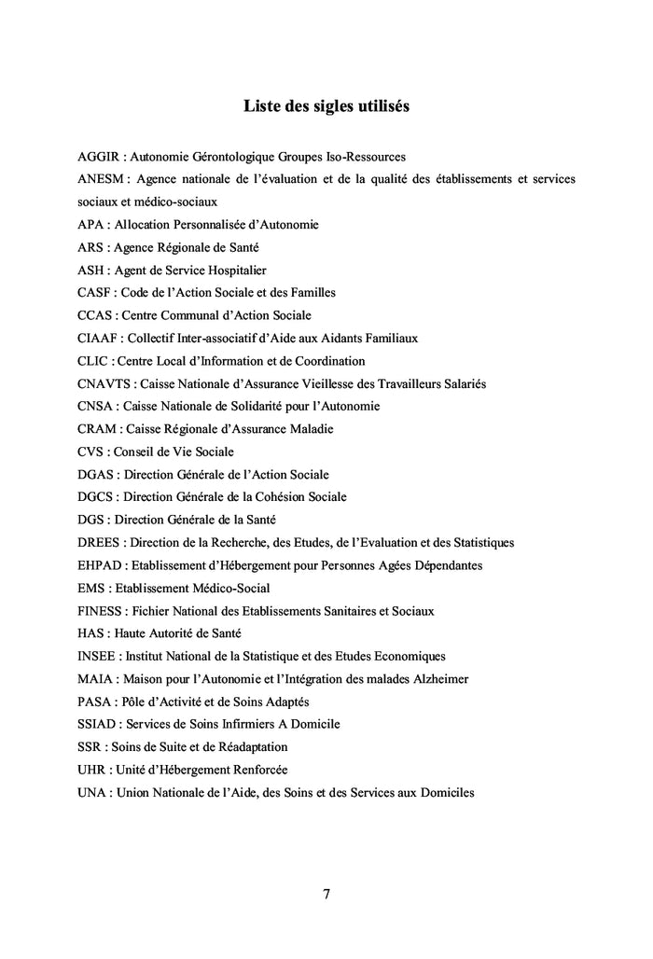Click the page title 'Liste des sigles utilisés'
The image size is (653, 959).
326,106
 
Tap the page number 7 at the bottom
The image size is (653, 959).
326,894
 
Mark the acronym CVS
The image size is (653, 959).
91,452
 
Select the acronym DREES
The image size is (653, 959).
99,542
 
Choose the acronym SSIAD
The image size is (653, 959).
97,724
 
